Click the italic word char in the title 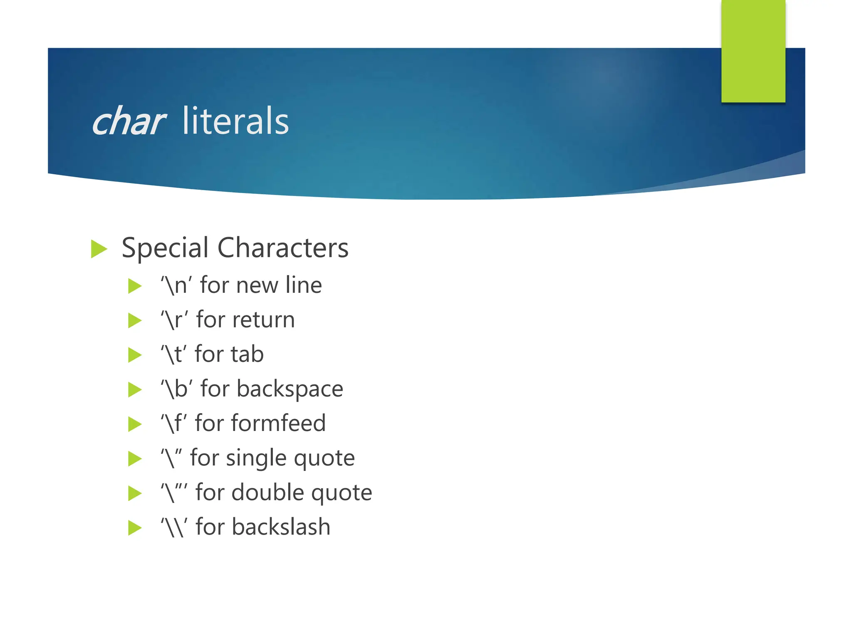click(128, 122)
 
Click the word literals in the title click(235, 121)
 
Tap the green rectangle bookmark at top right click(753, 51)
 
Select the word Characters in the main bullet click(283, 248)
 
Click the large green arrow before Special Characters click(99, 249)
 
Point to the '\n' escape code click(176, 286)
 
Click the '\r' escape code click(175, 320)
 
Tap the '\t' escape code click(174, 355)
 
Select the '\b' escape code click(177, 389)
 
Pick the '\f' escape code click(174, 424)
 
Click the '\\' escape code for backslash click(174, 528)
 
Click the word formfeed click(278, 424)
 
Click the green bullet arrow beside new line click(135, 286)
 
